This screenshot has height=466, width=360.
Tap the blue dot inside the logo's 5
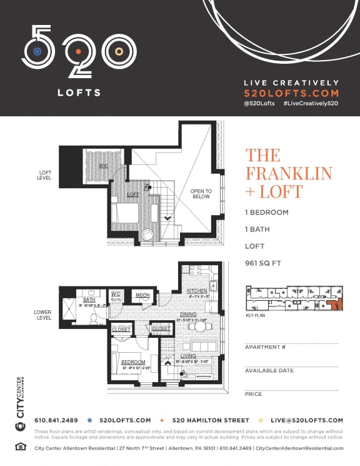tap(37, 51)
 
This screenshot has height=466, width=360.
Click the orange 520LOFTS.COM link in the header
tap(291, 93)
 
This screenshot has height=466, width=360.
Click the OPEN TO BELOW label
tap(201, 194)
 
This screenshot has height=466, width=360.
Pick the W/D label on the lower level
tap(116, 293)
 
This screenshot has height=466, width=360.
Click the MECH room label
tap(142, 295)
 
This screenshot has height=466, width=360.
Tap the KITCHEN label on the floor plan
tap(197, 291)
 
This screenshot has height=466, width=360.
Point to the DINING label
tap(188, 314)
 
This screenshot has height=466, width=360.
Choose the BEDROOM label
tap(134, 362)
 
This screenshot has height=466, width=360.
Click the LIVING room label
tap(188, 356)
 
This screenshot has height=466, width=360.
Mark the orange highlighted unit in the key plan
tap(337, 305)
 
